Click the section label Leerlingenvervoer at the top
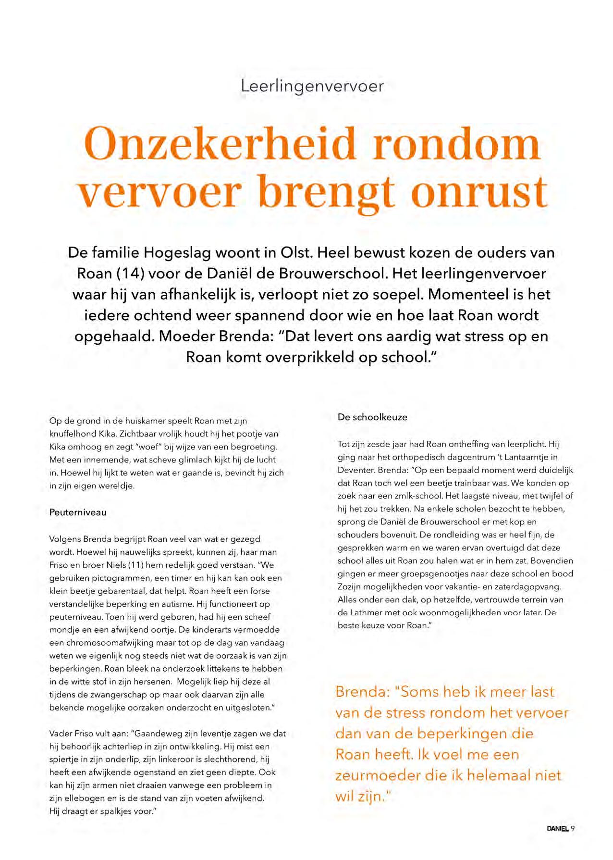pyautogui.click(x=312, y=87)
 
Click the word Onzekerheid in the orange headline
pyautogui.click(x=220, y=144)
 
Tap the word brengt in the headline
pyautogui.click(x=327, y=192)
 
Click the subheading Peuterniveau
pyautogui.click(x=78, y=512)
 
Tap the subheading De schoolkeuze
pyautogui.click(x=372, y=417)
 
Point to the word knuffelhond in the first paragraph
pyautogui.click(x=70, y=434)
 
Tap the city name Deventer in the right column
pyautogui.click(x=356, y=470)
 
